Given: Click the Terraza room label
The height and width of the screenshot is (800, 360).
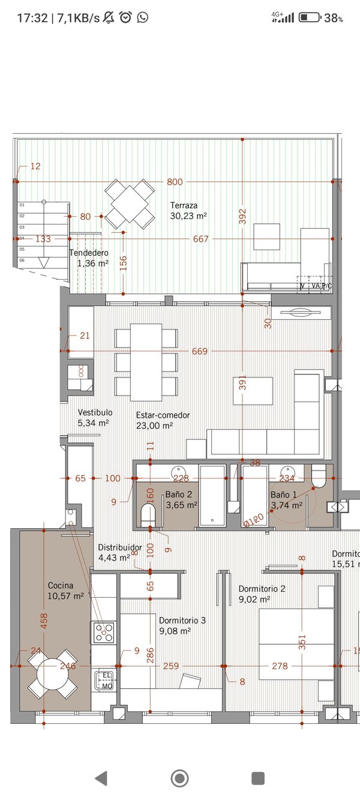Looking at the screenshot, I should pyautogui.click(x=184, y=205).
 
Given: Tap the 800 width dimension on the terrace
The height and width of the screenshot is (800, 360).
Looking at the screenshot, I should pyautogui.click(x=175, y=182).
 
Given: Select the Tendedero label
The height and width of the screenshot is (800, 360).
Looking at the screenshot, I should pyautogui.click(x=88, y=253).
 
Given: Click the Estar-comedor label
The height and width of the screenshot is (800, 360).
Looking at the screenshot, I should pyautogui.click(x=163, y=415).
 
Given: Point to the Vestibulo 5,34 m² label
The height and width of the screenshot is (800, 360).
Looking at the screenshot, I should pyautogui.click(x=95, y=418).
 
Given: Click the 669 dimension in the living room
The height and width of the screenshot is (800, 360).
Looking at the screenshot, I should pyautogui.click(x=200, y=351).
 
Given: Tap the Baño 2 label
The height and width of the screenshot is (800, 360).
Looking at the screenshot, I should pyautogui.click(x=178, y=495).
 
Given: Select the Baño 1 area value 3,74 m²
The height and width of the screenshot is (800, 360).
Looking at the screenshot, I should pyautogui.click(x=286, y=505).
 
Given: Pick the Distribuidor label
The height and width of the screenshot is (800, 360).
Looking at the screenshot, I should pyautogui.click(x=119, y=547).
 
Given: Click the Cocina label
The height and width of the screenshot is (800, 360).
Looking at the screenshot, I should pyautogui.click(x=61, y=585).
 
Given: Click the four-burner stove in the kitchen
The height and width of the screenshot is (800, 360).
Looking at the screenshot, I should pyautogui.click(x=104, y=632).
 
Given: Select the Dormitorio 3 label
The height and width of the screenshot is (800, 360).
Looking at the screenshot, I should pyautogui.click(x=182, y=620).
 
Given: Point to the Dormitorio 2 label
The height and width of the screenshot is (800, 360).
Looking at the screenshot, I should pyautogui.click(x=262, y=589).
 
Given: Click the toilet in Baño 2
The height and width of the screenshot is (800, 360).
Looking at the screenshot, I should pyautogui.click(x=148, y=514).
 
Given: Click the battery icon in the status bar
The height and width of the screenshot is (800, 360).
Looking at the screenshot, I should pyautogui.click(x=309, y=17).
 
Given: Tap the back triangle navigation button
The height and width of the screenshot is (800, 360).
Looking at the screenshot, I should pyautogui.click(x=101, y=778).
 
